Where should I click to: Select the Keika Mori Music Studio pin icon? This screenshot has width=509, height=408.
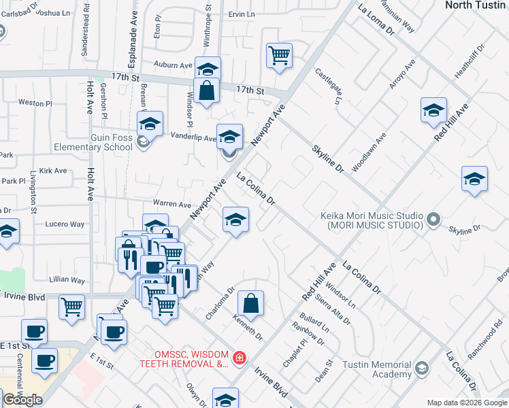pyautogui.click(x=433, y=220)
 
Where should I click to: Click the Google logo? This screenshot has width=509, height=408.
pyautogui.click(x=22, y=400)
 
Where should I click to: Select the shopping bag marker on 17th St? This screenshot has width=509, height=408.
pyautogui.click(x=206, y=90)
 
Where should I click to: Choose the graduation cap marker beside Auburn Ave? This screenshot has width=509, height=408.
pyautogui.click(x=208, y=69)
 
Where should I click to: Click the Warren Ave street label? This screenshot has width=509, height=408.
pyautogui.click(x=171, y=204)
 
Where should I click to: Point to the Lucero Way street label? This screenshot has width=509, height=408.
pyautogui.click(x=65, y=224)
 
